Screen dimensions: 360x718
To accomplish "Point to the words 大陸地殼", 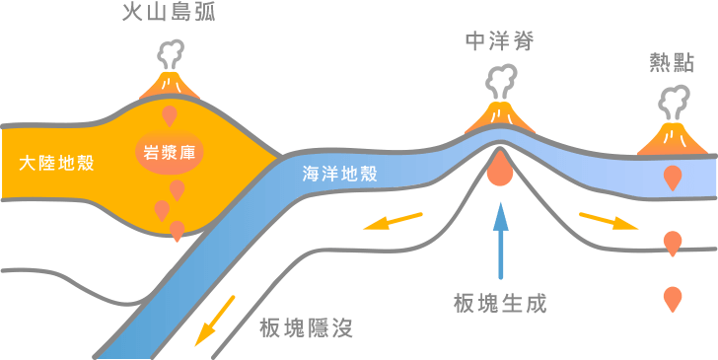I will pos(57,163).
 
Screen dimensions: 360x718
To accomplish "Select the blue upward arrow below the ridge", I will pos(500,242).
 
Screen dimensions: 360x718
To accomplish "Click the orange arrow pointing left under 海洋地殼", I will pos(392,220).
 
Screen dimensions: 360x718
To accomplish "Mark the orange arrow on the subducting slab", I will pos(215,320).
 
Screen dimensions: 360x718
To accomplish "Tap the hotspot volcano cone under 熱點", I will pos(676,138).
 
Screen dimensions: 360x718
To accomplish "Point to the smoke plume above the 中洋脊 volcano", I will pos(500,79).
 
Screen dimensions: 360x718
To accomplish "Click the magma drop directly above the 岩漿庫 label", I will pos(170,116).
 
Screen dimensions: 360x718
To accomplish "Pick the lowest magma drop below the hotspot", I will pos(673,297).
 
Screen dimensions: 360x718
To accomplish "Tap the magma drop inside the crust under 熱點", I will pos(673,178).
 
